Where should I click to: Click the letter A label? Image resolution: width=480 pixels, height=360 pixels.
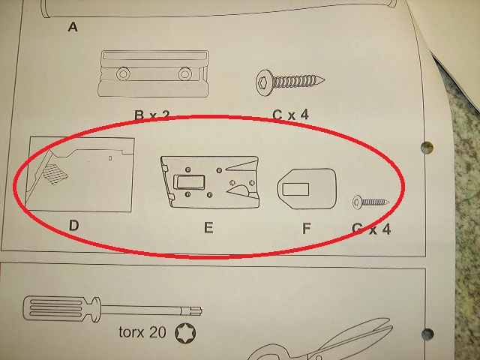click(73, 28)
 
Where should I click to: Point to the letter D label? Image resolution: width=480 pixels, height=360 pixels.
click(73, 224)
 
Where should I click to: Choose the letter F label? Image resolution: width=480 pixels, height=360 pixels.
click(306, 227)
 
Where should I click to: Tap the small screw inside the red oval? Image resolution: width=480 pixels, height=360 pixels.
click(370, 200)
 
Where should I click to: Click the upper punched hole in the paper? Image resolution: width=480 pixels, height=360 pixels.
click(429, 146)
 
